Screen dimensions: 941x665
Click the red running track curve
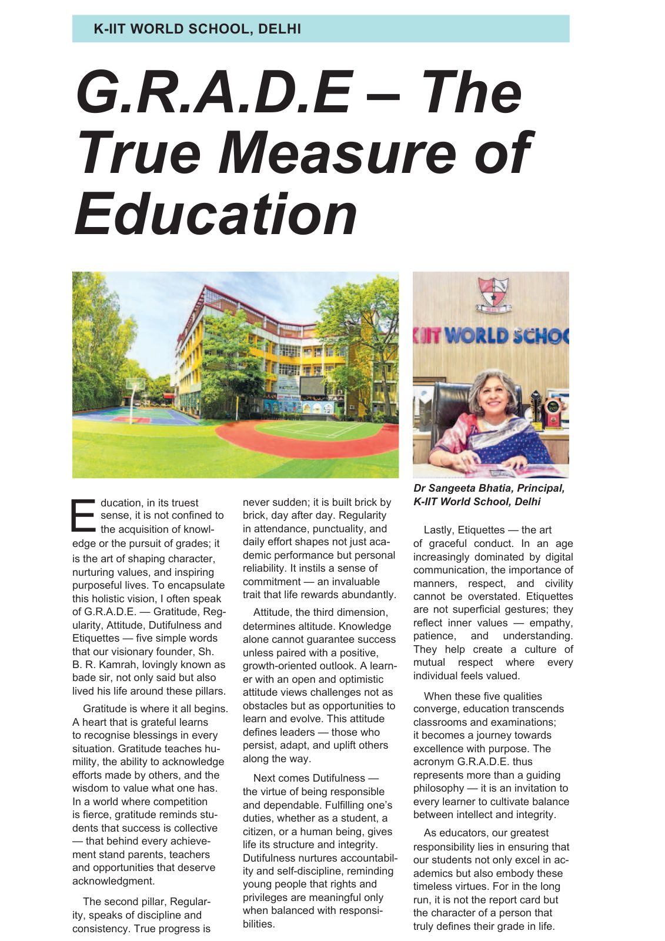[x=306, y=446]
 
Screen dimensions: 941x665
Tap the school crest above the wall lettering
[x=493, y=294]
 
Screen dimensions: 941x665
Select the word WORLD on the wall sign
[x=476, y=336]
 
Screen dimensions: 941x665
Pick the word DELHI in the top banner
[x=279, y=28]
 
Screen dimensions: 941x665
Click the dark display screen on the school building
[x=312, y=386]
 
